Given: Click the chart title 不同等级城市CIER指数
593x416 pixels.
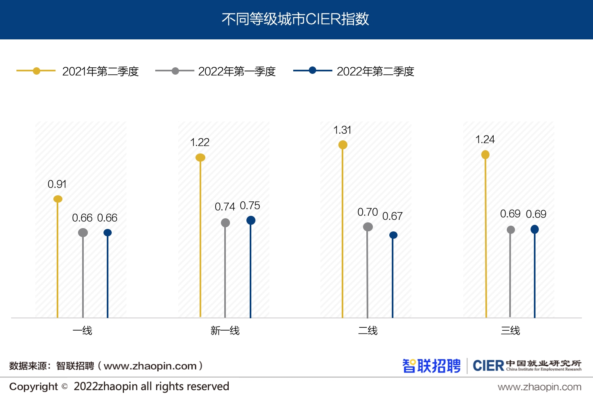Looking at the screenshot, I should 295,19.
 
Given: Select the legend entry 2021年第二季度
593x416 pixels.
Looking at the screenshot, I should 100,71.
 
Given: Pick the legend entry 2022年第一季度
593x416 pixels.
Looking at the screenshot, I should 237,71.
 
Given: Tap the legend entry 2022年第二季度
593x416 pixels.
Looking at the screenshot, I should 375,71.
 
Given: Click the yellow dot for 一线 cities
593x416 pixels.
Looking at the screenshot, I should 58,199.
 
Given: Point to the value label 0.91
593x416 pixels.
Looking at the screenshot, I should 57,184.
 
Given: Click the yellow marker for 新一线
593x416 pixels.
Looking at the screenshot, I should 200,158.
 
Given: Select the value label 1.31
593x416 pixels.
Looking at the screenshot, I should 342,130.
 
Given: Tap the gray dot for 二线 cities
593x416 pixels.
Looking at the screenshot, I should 368,227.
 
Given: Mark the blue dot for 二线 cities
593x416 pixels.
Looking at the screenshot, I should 393,235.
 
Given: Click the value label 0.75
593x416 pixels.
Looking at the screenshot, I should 250,206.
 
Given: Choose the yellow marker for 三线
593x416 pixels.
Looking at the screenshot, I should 485,155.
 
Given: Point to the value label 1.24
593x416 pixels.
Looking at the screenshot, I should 485,139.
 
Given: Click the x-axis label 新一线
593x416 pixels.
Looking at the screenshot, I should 225,331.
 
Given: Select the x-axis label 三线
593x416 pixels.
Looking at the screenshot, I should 510,331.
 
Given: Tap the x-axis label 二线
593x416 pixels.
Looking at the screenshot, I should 368,331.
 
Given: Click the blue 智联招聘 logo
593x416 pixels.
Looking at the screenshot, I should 431,366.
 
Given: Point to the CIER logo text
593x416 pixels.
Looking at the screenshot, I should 488,366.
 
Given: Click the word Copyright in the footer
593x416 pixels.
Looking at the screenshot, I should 34,386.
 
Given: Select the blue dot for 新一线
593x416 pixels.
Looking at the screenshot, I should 251,220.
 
